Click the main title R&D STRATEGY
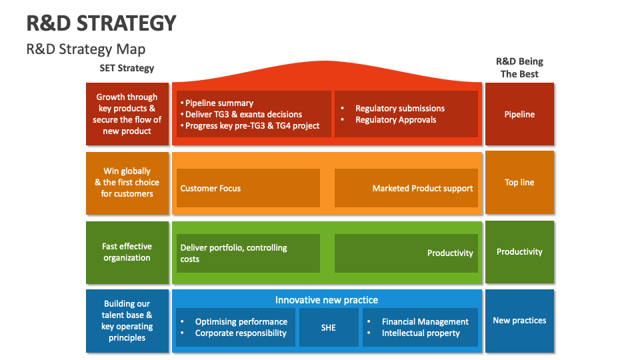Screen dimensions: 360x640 click(101, 23)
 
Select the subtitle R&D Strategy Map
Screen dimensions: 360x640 click(85, 49)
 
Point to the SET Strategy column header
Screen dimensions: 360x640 click(127, 68)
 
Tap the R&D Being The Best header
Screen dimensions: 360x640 click(519, 68)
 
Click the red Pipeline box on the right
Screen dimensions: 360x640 click(519, 114)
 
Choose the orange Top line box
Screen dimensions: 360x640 click(519, 182)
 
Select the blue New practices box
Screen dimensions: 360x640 click(519, 321)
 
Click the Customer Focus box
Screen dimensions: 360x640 click(247, 188)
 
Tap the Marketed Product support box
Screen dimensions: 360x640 click(406, 188)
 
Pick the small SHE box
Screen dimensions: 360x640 click(328, 327)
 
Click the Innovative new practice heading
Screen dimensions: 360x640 click(327, 300)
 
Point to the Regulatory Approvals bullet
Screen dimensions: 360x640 click(395, 120)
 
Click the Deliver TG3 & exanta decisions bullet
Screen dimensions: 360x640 click(243, 114)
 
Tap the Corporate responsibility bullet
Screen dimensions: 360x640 click(240, 333)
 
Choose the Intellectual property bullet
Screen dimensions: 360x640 click(420, 333)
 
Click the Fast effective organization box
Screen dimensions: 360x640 click(127, 252)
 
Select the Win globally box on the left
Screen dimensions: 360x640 click(127, 182)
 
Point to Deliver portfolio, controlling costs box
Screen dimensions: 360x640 click(247, 253)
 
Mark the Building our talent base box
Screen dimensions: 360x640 click(127, 321)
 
